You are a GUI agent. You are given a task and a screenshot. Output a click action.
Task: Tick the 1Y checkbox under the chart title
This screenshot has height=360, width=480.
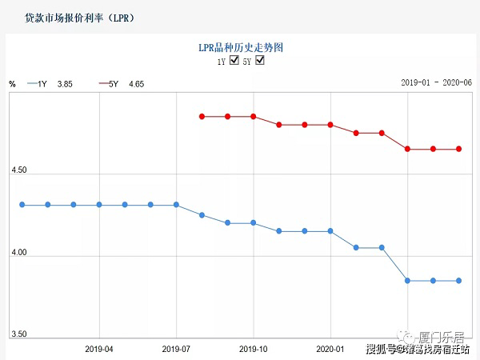(234, 61)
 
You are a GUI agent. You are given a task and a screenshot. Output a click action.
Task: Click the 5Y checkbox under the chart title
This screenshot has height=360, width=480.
(259, 61)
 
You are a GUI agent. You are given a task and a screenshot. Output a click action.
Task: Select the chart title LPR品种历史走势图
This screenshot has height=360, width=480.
(241, 47)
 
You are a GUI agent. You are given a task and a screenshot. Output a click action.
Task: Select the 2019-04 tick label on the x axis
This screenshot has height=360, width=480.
(99, 349)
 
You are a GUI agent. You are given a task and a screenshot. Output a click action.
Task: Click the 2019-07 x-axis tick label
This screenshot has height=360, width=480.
(176, 349)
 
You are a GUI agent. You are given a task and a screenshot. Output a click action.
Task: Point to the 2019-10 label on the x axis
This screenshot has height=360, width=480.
(253, 349)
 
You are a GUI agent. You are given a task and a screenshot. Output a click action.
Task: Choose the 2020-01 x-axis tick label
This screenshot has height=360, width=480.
(330, 349)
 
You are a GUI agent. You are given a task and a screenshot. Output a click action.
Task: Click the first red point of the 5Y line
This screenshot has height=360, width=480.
(202, 117)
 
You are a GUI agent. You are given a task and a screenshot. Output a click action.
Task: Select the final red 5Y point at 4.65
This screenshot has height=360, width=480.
(458, 149)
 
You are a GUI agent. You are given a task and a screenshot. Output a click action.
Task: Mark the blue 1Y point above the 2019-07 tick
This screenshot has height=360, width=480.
(176, 205)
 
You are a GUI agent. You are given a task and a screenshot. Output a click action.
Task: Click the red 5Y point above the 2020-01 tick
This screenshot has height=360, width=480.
(330, 125)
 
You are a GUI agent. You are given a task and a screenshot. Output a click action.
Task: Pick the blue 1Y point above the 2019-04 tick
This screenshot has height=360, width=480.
(99, 205)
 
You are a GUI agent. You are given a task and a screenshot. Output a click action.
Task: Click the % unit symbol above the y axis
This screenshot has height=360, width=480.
(12, 83)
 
